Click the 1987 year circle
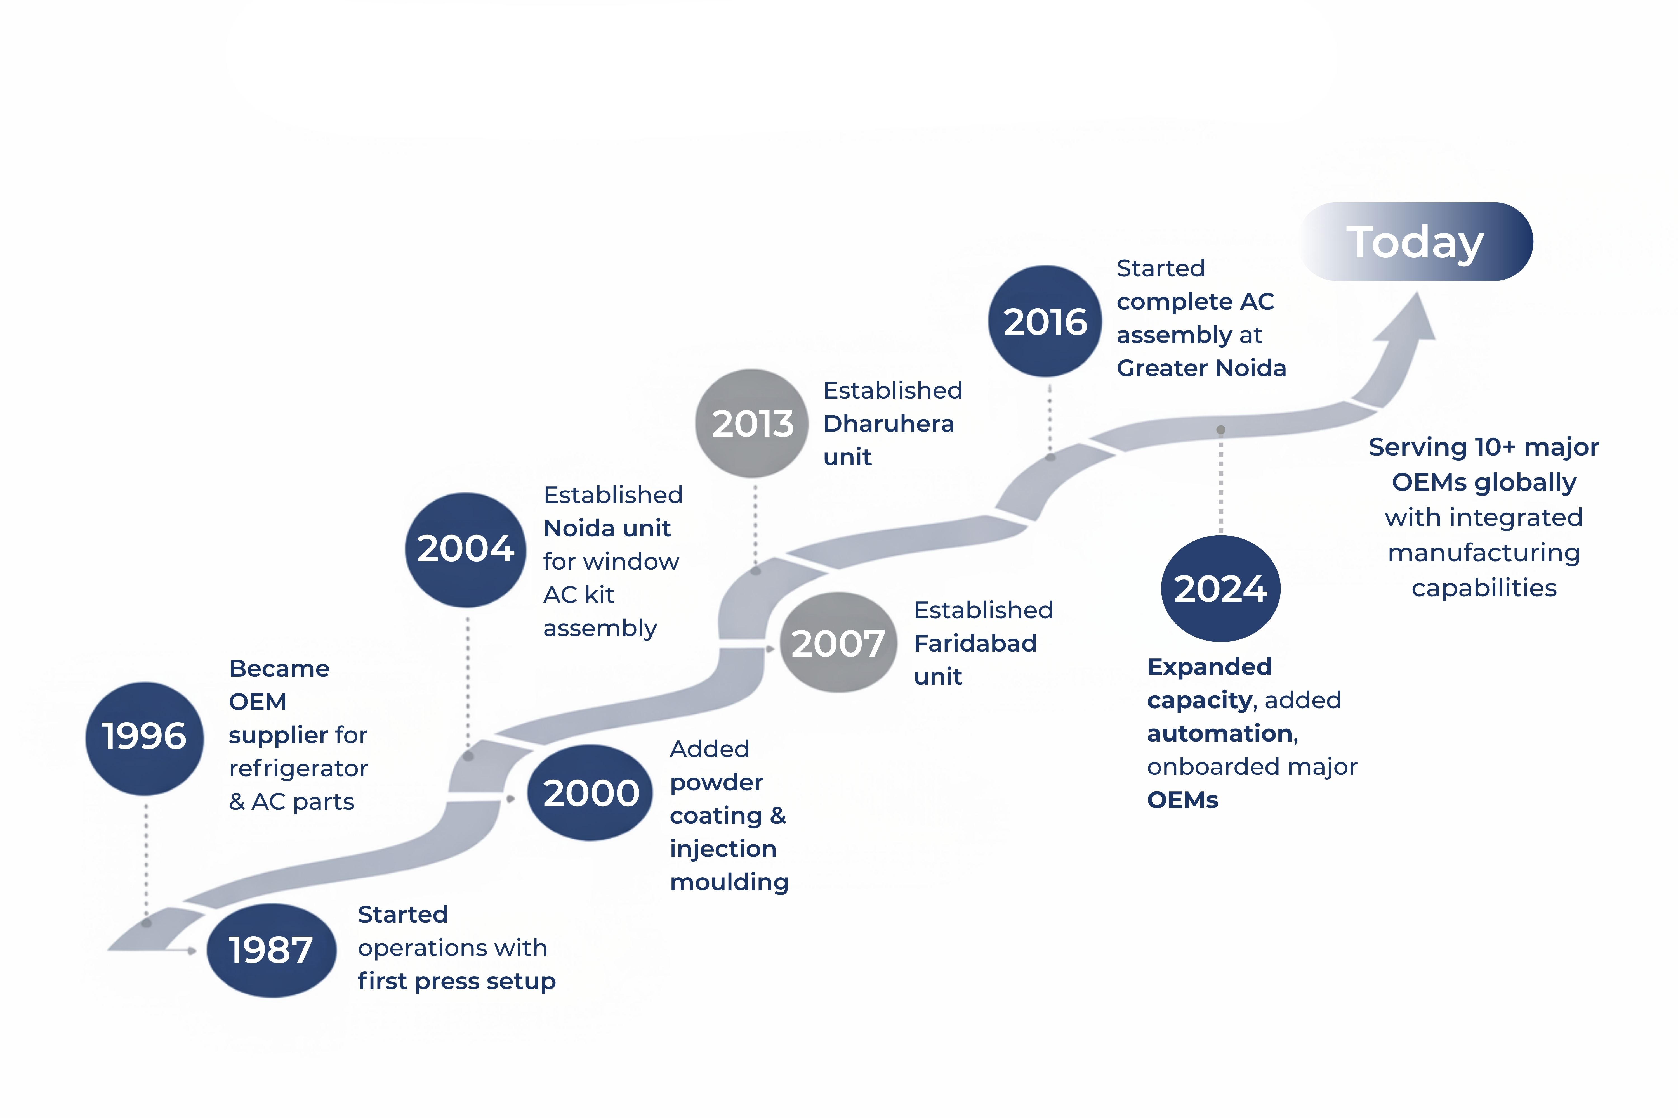(271, 951)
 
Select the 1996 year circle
(145, 738)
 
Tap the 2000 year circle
(590, 793)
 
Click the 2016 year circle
(1045, 322)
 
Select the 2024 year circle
(1221, 589)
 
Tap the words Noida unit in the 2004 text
(607, 528)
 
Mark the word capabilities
(1484, 588)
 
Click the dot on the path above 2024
(1221, 430)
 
